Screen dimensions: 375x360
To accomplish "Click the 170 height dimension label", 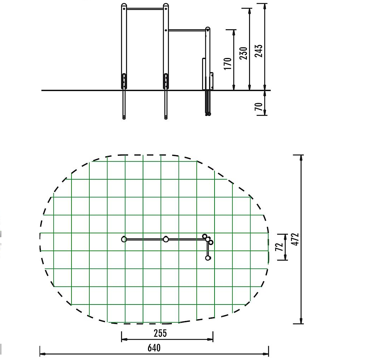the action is [228, 64].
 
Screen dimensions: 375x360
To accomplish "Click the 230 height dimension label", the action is [243, 53].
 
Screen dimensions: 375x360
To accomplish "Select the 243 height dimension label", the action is [259, 51].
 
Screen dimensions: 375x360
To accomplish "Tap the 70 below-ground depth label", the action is [259, 107].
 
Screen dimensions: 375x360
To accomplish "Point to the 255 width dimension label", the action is [160, 333].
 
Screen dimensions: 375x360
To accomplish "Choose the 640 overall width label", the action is [154, 348].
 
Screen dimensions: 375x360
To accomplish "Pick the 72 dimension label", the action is [279, 247].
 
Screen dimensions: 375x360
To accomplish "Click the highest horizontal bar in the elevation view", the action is [145, 9].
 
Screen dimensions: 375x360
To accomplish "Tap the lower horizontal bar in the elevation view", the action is [187, 30].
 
